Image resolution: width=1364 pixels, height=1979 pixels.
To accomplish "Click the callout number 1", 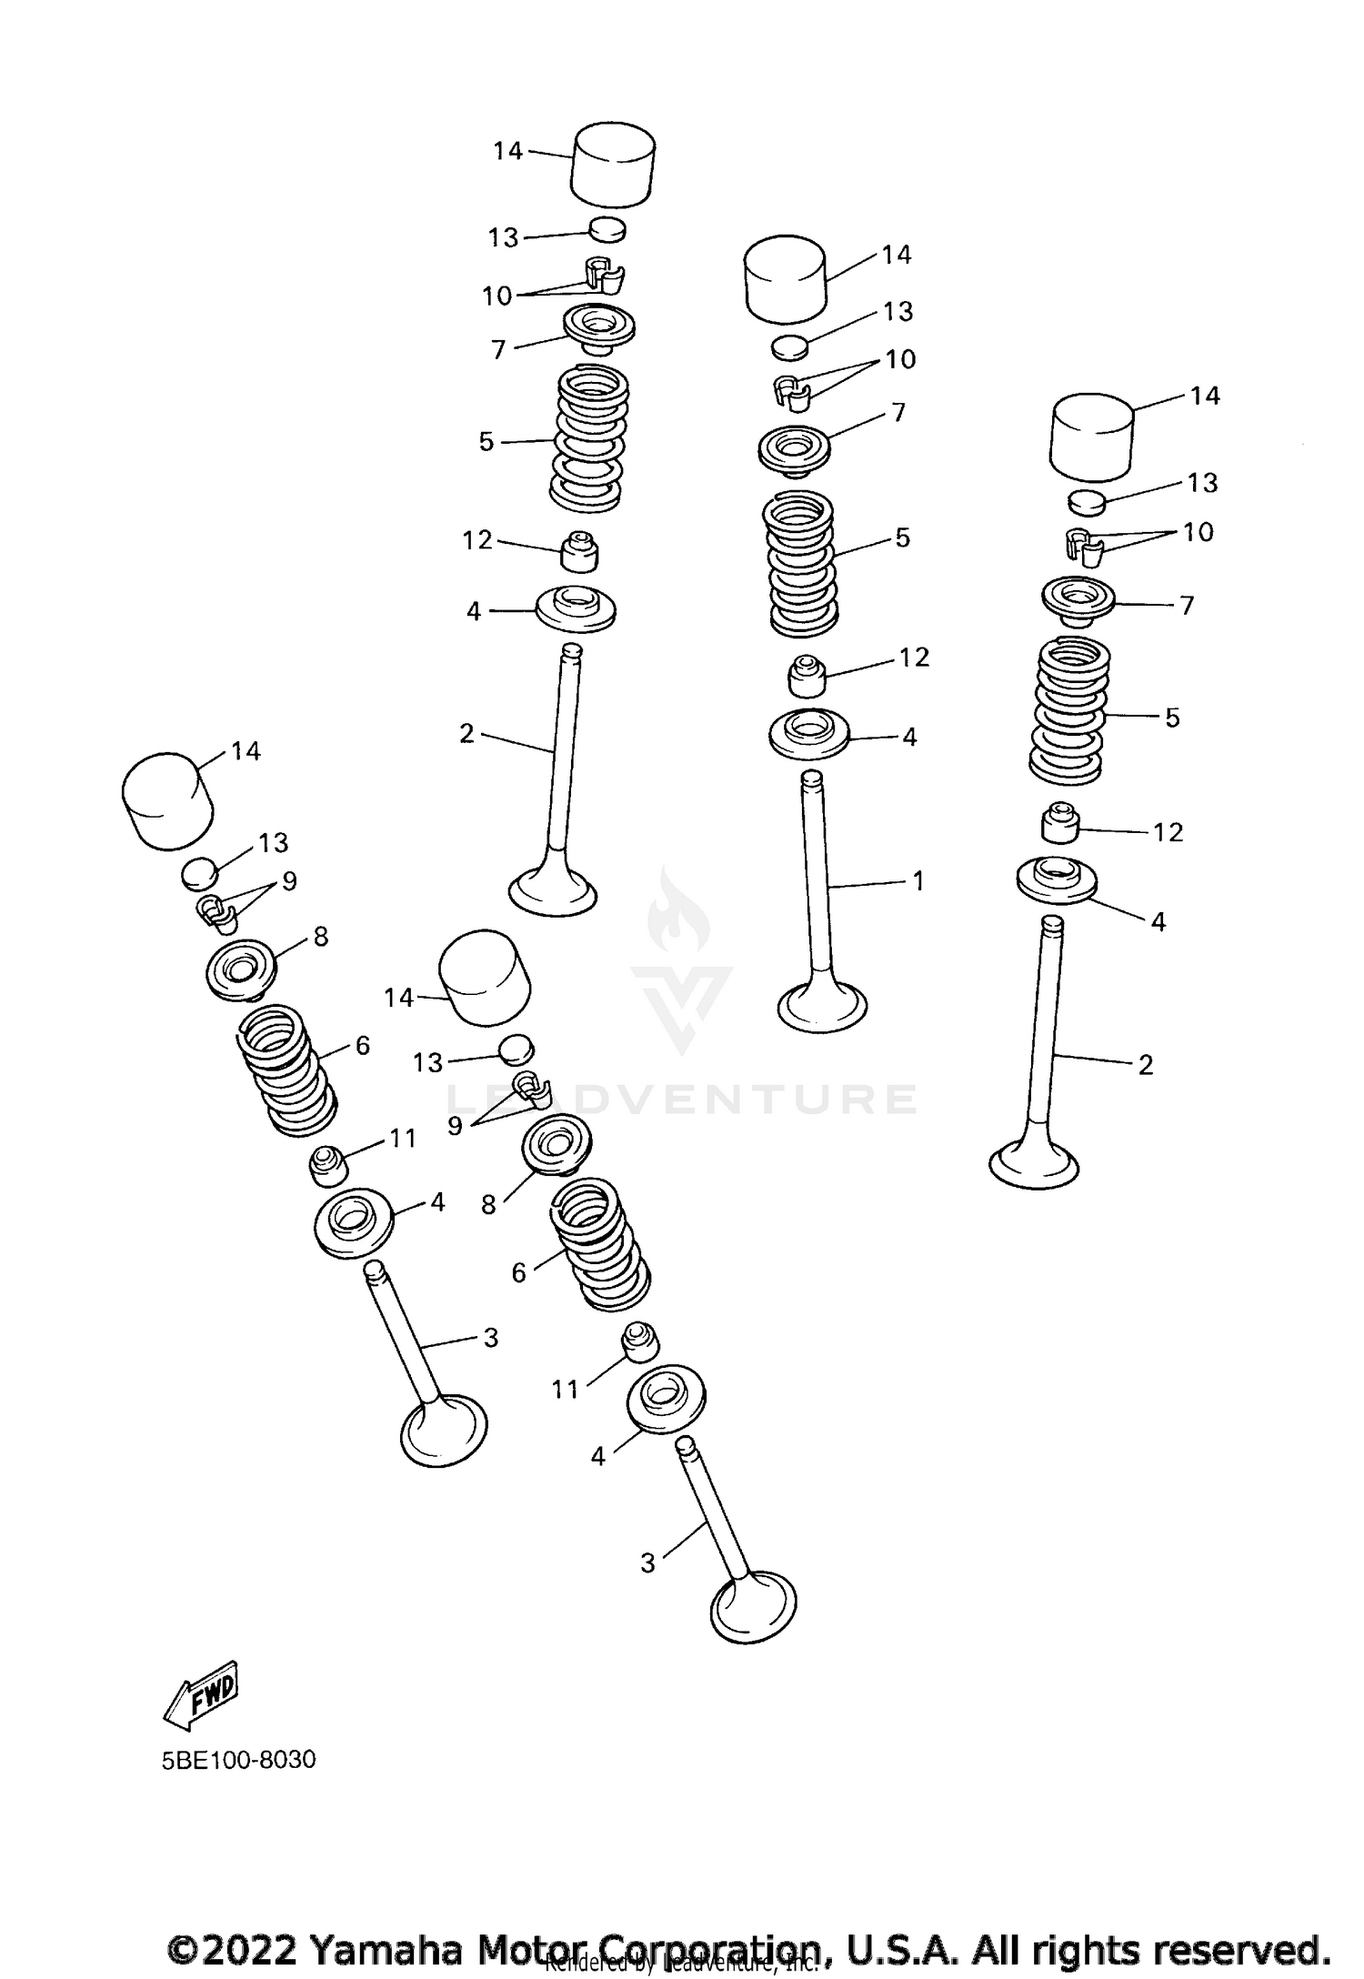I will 918,880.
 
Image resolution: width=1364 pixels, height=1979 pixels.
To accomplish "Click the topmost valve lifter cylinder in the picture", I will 613,164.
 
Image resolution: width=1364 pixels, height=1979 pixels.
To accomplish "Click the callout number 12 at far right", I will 1168,832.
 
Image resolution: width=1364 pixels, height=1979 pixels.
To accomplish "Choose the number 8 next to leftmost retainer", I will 320,937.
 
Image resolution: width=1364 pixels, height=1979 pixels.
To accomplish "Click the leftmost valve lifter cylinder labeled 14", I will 167,801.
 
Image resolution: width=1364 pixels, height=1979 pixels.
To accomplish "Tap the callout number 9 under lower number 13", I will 455,1126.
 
